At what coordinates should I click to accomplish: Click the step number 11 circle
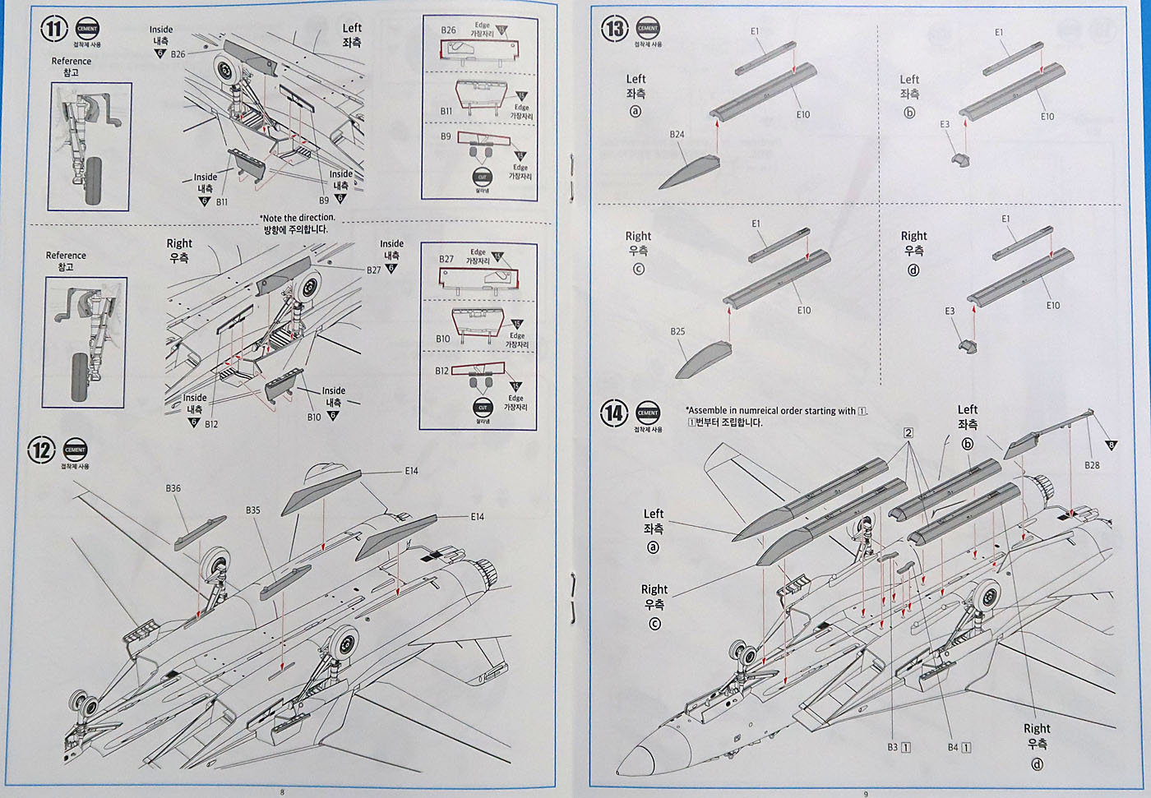[53, 30]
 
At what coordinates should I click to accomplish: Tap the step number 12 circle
[41, 450]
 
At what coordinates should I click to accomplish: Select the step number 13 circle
[615, 30]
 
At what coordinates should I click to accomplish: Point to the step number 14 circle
[614, 413]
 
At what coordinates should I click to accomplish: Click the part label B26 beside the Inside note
[178, 54]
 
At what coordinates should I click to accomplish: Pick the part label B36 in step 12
[173, 488]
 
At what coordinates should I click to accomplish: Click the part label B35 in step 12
[252, 510]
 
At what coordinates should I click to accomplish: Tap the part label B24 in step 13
[677, 134]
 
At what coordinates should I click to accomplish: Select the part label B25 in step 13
[677, 331]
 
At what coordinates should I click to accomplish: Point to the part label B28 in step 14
[1092, 465]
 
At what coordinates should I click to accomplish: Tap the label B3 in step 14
[893, 747]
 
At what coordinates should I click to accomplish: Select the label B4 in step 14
[953, 747]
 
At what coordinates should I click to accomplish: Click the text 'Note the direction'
[298, 219]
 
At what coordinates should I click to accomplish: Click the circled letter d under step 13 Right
[913, 270]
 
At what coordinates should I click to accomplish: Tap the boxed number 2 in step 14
[908, 433]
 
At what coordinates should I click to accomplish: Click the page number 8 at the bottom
[282, 792]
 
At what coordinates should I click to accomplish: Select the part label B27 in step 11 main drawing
[374, 270]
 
